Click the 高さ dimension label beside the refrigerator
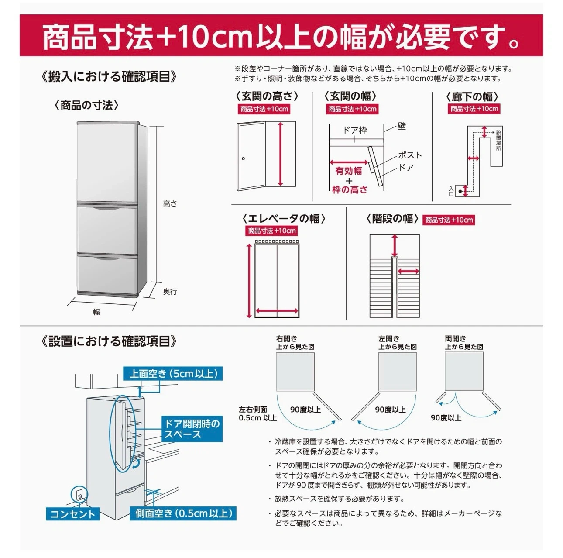(170, 204)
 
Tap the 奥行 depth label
(170, 291)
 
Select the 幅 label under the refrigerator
(96, 312)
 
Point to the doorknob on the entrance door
(243, 159)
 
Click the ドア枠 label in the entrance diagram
(355, 130)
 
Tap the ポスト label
(410, 155)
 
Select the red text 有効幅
(348, 171)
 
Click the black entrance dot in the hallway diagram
(460, 191)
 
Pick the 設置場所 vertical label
(498, 141)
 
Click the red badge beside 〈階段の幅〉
(449, 220)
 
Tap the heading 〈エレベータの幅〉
(283, 219)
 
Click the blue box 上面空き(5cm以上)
(173, 374)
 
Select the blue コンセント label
(73, 522)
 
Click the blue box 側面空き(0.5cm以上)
(183, 521)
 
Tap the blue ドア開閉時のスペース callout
(192, 429)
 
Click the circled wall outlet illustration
(79, 494)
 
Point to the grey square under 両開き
(464, 371)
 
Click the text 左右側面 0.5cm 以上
(257, 413)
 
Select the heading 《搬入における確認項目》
(109, 76)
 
